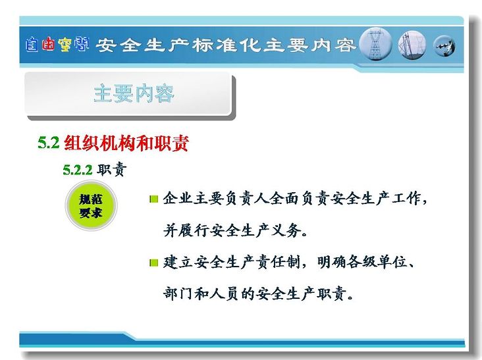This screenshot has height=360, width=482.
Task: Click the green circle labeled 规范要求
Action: click(91, 205)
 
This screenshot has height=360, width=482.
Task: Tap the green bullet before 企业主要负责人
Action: click(153, 199)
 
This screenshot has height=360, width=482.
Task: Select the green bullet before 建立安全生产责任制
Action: click(153, 263)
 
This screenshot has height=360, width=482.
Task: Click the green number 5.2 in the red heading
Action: click(48, 143)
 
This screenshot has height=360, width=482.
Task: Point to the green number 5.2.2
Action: click(78, 170)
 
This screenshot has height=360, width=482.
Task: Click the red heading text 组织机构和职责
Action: click(126, 143)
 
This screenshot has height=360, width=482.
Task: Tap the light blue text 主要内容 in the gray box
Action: click(134, 93)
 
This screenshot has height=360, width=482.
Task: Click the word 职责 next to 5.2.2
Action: click(111, 169)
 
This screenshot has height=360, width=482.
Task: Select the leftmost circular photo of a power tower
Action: click(375, 44)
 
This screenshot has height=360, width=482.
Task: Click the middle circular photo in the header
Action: click(412, 45)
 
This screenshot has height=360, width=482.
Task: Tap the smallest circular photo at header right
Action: click(444, 46)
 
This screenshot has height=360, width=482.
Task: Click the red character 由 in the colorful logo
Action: click(49, 44)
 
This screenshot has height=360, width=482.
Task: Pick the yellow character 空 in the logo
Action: click(65, 45)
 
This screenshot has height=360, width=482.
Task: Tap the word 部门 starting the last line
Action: click(178, 294)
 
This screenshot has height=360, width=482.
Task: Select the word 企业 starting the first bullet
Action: click(178, 199)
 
